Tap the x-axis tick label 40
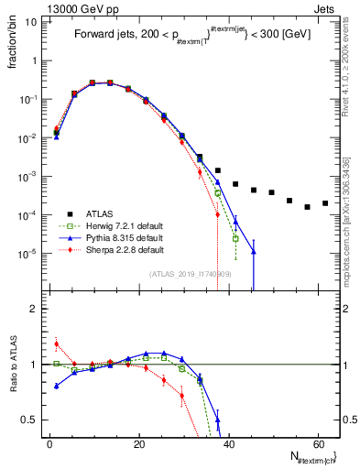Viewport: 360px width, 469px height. click(228, 443)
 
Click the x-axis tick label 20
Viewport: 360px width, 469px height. click(138, 443)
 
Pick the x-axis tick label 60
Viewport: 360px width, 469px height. click(317, 443)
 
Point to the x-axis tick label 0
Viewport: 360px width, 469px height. click(49, 443)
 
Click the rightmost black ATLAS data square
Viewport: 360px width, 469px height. click(325, 203)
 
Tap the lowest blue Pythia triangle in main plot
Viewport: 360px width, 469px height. click(254, 252)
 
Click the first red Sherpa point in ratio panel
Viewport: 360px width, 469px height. click(57, 344)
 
